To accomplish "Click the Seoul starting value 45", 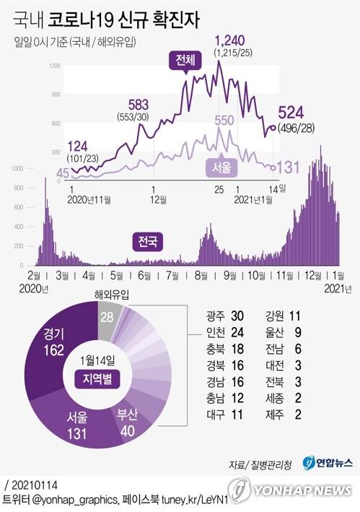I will click(x=63, y=173).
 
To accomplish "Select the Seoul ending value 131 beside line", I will click(x=288, y=168).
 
